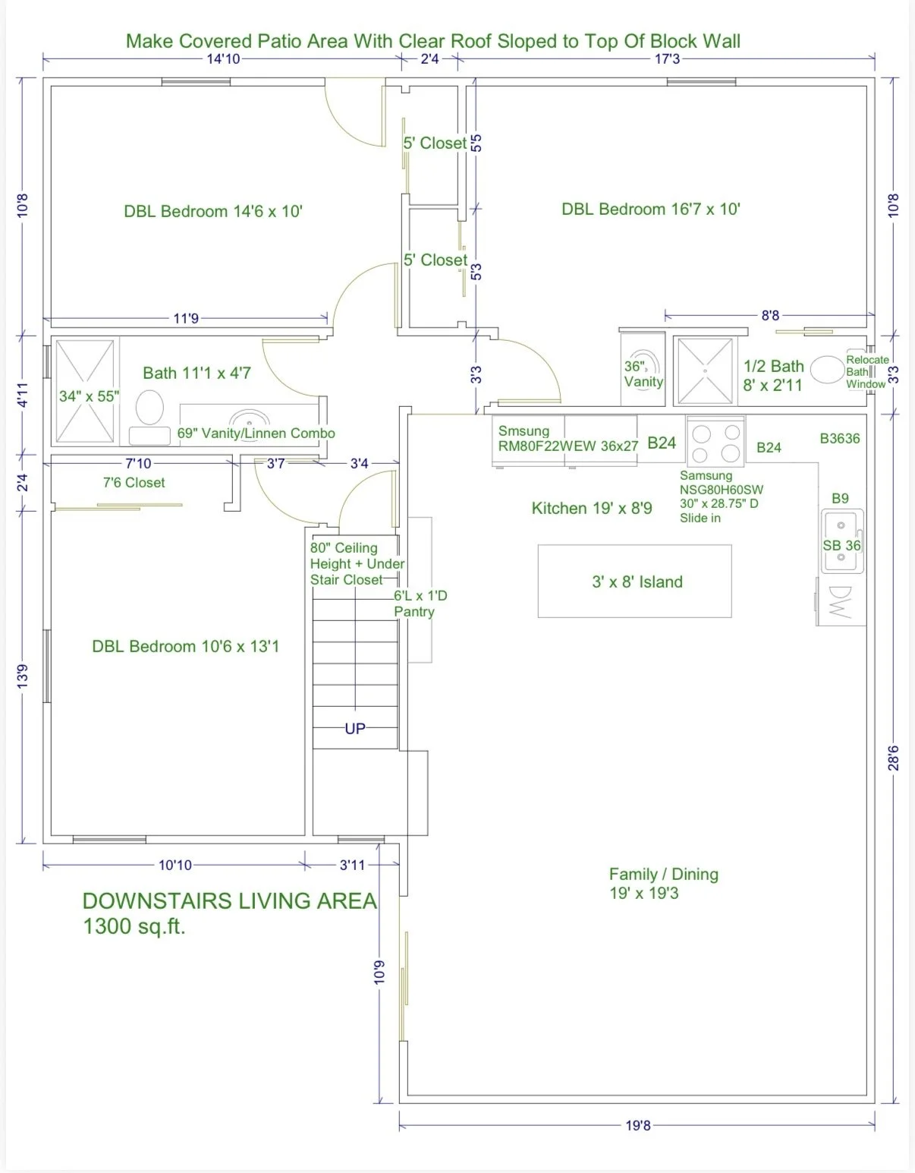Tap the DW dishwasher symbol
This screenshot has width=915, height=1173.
tap(841, 601)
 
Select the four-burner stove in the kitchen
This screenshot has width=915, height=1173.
tap(715, 442)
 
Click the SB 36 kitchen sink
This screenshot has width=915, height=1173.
tap(842, 541)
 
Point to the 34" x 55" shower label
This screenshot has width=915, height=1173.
tap(89, 396)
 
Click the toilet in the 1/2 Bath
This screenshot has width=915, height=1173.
tap(827, 370)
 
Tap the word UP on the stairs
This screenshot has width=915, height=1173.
tap(355, 729)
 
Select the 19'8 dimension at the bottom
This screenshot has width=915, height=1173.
tap(638, 1125)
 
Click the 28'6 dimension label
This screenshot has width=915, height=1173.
tap(894, 758)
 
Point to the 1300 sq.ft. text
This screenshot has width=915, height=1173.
tap(134, 926)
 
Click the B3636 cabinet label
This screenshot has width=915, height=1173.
tap(840, 438)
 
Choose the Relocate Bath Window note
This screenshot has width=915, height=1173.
tap(866, 371)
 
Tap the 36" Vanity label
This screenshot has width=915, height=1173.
tap(643, 374)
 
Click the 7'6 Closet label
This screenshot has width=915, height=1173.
tap(134, 483)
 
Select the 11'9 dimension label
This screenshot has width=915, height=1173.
tap(186, 318)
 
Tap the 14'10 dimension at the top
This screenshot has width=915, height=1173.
tap(223, 58)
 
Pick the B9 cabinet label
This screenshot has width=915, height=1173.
tap(840, 498)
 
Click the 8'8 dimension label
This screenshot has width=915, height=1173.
tap(770, 315)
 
